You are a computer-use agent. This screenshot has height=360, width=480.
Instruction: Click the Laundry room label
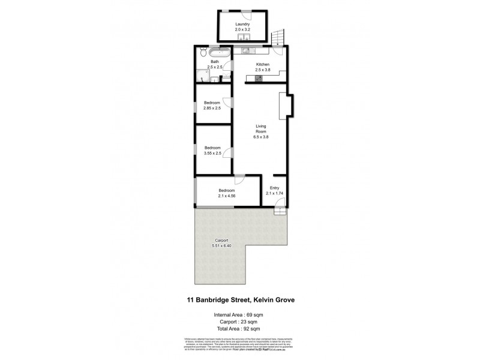point(242,25)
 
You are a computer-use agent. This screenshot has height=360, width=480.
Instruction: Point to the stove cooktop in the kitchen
point(259,79)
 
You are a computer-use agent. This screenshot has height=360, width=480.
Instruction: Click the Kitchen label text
point(262,64)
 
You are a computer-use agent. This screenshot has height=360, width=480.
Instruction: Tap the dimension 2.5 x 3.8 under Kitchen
point(262,70)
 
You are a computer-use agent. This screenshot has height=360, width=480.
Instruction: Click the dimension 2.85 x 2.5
point(212,108)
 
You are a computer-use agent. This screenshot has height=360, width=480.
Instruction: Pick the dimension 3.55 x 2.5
point(212,154)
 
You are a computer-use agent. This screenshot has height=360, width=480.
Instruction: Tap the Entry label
point(275,187)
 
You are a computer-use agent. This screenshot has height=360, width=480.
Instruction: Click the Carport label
point(221,240)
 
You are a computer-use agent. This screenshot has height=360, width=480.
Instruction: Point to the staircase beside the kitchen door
point(277,38)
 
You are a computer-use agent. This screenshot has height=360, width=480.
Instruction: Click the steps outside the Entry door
point(280,211)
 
